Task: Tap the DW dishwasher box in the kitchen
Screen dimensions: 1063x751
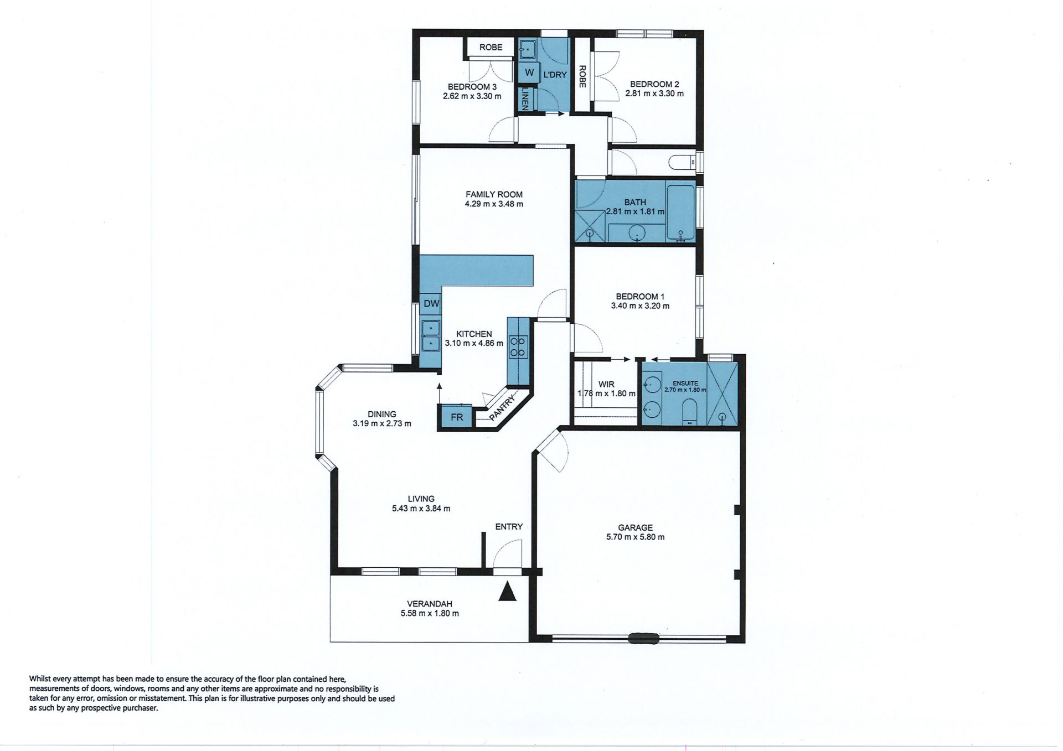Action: (431, 303)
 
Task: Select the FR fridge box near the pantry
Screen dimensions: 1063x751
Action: (457, 417)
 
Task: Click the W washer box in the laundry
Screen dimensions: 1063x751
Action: (529, 72)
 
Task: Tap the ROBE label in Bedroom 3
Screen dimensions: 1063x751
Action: (491, 47)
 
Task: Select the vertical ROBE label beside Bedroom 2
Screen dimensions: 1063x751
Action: (582, 77)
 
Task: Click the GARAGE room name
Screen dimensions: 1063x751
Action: (636, 527)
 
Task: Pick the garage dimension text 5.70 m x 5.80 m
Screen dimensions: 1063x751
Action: (636, 537)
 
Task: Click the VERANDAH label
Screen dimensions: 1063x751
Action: (430, 604)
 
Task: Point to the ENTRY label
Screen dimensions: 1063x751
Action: (509, 526)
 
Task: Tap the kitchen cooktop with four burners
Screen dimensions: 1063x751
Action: (518, 347)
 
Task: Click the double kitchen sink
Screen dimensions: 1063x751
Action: (430, 336)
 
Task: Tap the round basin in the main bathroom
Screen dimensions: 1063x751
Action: (637, 233)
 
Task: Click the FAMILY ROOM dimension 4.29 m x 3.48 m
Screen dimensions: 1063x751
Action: (494, 204)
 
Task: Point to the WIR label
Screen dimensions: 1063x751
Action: (606, 384)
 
